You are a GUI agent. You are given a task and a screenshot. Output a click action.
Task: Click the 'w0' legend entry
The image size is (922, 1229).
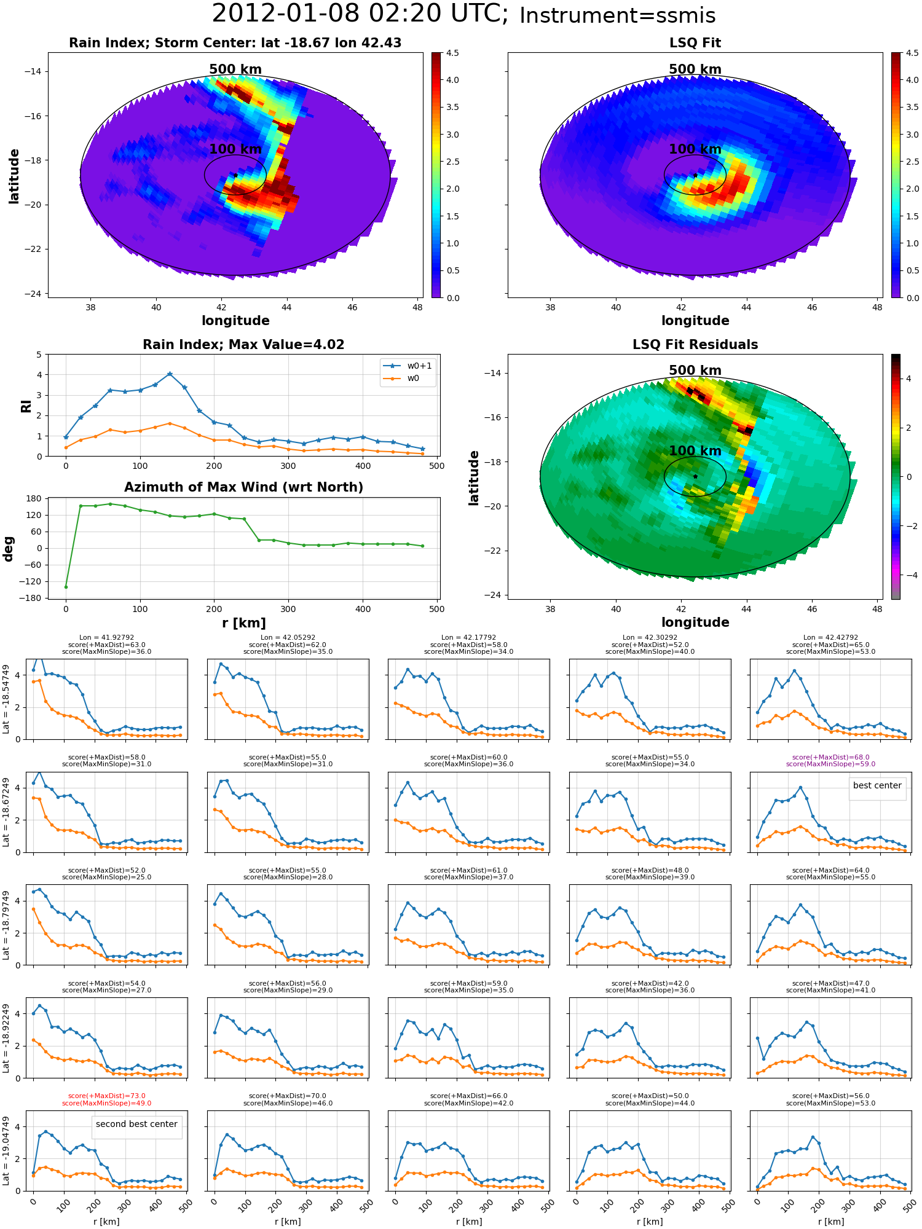pos(413,378)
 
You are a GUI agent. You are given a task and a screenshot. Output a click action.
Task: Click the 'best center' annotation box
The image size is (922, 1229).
pos(877,785)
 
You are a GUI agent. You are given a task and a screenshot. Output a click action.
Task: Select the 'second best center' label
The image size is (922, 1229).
pos(136,1124)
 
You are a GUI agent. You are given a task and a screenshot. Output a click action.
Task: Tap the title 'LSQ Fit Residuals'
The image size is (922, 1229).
pos(695,345)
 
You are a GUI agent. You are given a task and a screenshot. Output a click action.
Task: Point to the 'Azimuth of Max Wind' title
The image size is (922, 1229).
pos(243,487)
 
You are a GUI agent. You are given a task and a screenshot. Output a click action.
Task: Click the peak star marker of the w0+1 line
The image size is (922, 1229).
pos(170,374)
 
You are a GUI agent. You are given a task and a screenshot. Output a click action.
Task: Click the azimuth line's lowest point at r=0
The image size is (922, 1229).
pos(66,587)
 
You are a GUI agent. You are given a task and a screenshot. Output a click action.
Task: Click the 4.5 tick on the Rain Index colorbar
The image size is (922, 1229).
pos(452,53)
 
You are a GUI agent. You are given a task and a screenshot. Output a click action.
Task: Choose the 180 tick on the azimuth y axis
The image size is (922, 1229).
pos(34,498)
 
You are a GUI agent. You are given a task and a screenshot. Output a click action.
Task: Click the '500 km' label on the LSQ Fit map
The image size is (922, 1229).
pos(695,69)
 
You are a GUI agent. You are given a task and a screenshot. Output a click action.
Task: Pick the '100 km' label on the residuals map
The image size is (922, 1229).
pos(695,451)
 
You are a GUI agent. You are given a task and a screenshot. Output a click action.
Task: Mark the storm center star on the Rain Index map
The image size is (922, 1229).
pos(235,175)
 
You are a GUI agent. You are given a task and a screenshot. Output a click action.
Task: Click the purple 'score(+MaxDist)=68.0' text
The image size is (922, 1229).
pos(830,758)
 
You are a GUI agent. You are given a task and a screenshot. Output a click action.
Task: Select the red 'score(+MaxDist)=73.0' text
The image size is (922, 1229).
pos(106,1096)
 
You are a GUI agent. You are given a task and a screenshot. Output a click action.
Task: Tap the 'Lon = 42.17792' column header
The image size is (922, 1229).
pos(468,638)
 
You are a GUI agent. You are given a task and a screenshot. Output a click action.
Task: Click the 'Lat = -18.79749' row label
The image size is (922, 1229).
pos(7,925)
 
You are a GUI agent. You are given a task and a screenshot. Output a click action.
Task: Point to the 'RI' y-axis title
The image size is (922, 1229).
pos(26,406)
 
